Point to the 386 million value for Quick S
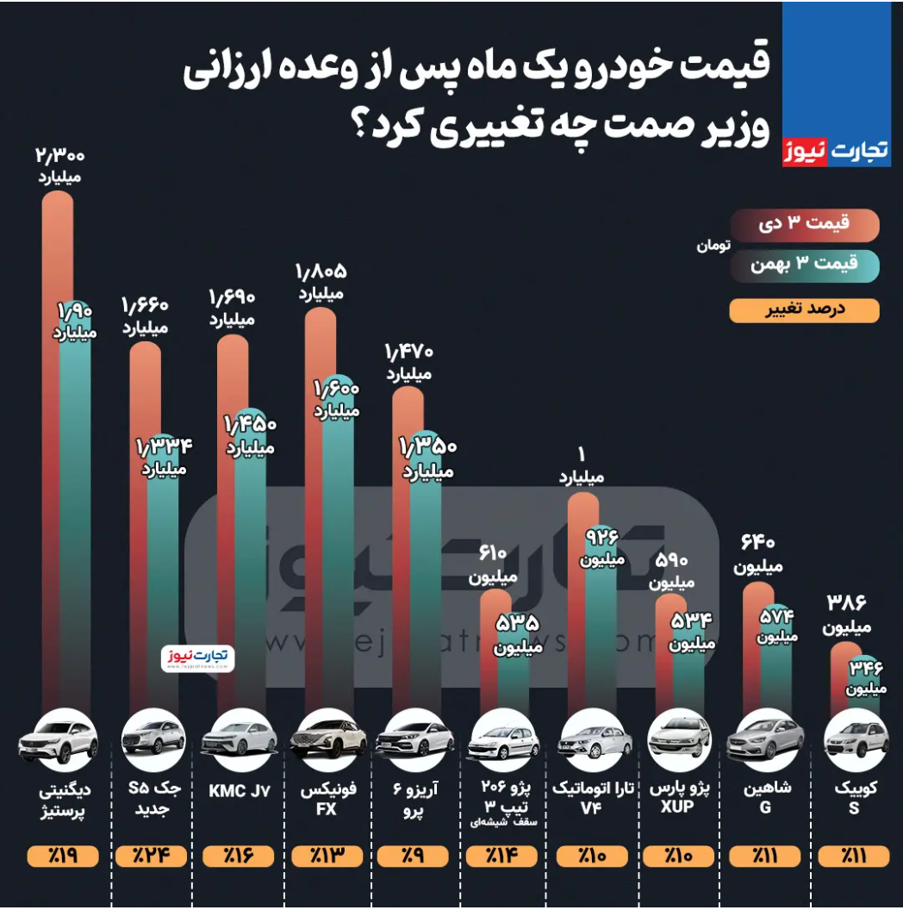[x=846, y=602]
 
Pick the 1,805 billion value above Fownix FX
[x=321, y=272]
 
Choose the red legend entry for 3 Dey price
[x=805, y=223]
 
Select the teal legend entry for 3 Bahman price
[x=805, y=265]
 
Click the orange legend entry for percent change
[x=805, y=310]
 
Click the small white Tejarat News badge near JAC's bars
[x=197, y=658]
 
